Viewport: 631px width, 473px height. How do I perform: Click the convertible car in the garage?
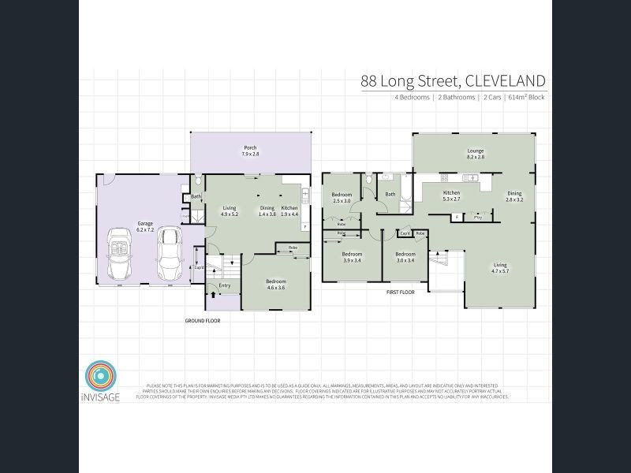(x=121, y=254)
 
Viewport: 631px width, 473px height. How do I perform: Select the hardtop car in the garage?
(x=168, y=254)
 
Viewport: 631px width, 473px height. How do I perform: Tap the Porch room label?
(x=250, y=151)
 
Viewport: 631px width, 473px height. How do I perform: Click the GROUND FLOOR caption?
(x=203, y=321)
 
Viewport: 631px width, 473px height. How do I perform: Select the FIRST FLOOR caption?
(x=400, y=292)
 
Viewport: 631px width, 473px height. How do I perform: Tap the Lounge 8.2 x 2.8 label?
(x=475, y=154)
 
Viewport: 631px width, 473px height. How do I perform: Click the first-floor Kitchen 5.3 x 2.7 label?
(x=451, y=196)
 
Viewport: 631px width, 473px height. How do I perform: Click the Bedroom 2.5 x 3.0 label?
(x=341, y=198)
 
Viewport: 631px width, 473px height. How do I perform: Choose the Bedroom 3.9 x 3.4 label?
(x=351, y=257)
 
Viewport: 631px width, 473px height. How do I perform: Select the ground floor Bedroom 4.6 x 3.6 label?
(x=275, y=285)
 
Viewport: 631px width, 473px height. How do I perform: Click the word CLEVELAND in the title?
(x=505, y=80)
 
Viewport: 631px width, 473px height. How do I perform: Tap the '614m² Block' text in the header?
(x=526, y=97)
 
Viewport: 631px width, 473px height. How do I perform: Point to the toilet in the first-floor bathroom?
(x=368, y=181)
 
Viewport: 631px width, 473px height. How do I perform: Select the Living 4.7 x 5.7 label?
(x=500, y=268)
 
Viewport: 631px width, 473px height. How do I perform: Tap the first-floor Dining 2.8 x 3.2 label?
(x=514, y=196)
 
